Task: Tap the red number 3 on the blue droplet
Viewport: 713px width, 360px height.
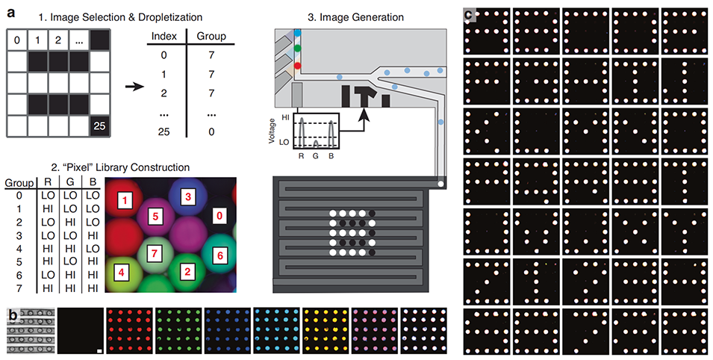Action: pos(188,195)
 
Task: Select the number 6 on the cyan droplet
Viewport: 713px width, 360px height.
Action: pos(220,255)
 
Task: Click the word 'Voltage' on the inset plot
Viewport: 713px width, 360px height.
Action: pos(281,127)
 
